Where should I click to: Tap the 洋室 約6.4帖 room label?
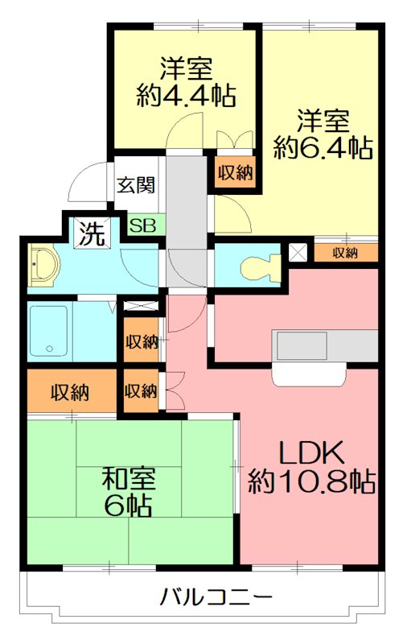pos(322,134)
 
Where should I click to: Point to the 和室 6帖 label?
pos(128,491)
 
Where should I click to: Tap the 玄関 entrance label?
pos(137,184)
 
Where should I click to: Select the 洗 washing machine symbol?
pos(90,234)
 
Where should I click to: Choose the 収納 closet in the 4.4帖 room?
pos(234,171)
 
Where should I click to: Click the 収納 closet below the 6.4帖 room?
pos(345,253)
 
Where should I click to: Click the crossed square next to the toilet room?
pos(298,252)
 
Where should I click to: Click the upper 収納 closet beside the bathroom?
pos(142,341)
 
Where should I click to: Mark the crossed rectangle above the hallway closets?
pos(142,306)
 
